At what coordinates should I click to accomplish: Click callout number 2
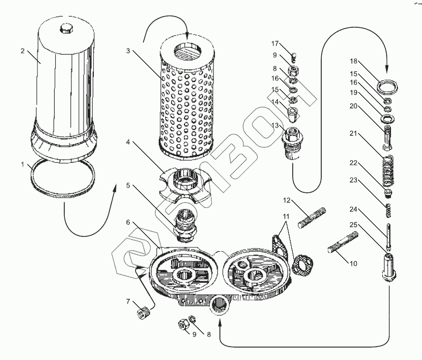point(23,51)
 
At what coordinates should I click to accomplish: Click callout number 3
point(129,51)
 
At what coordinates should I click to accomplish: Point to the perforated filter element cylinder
point(187,102)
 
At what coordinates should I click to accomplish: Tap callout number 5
point(129,185)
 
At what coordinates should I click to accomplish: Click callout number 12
point(287,200)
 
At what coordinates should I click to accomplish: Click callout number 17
point(275,43)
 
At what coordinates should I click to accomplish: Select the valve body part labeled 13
point(293,141)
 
